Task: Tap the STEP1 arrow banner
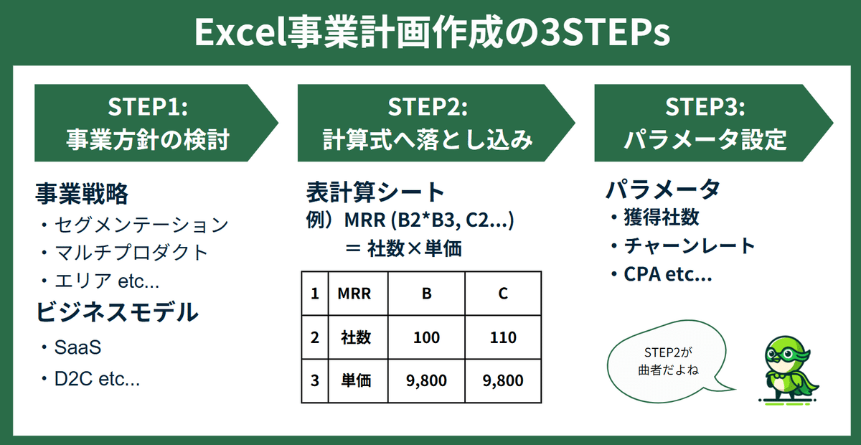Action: pos(156,123)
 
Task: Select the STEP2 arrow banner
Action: pos(436,123)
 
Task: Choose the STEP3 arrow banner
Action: pos(714,123)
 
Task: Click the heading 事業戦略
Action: pos(82,193)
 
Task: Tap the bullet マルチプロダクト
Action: pos(124,253)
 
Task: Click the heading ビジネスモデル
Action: pos(117,311)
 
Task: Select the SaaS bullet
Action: pos(71,347)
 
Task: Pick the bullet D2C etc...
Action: pos(90,379)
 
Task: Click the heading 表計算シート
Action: pos(375,192)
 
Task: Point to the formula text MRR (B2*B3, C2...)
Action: pos(429,220)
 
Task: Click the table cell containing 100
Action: pos(426,337)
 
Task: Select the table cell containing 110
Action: pos(503,337)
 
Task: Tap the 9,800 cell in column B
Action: pos(426,381)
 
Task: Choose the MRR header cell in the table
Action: pos(354,294)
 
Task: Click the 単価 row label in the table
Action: pos(356,381)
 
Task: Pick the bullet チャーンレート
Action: pos(683,246)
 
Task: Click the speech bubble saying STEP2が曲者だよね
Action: pos(668,362)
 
